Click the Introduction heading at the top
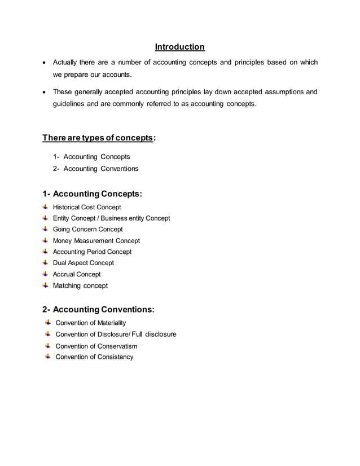coord(179,46)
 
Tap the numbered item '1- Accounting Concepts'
coord(91,157)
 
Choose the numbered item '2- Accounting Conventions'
coord(95,169)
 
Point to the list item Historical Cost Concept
coord(86,207)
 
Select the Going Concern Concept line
coord(87,230)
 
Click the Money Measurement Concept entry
coord(96,241)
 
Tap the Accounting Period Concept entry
coord(92,252)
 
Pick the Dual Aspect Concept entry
coord(83,263)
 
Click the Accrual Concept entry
coord(77,274)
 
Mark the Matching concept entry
coord(80,285)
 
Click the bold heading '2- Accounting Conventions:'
coord(98,309)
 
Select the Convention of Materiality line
coord(90,323)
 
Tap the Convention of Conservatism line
coord(96,346)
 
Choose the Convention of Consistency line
coord(94,357)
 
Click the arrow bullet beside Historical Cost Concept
coord(45,207)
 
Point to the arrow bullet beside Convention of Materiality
coord(48,322)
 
